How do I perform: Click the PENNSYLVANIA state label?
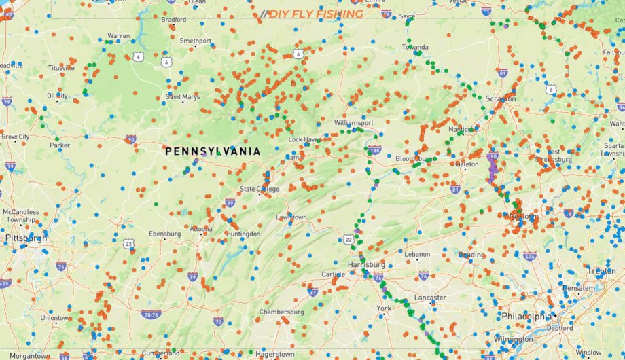213,151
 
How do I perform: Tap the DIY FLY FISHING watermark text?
315,14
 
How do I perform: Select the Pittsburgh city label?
26,238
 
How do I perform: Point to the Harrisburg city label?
365,264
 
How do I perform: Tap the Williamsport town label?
353,123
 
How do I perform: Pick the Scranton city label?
501,98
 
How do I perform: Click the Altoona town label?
200,229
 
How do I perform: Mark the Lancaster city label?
430,298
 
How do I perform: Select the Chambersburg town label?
281,312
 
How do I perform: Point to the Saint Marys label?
183,97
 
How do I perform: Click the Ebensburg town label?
165,234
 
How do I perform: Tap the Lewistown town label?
291,217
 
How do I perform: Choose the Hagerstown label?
274,354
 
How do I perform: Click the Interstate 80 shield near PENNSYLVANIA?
130,139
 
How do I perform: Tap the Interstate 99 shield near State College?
230,202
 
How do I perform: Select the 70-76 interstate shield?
151,314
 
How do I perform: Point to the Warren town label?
118,35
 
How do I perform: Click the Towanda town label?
415,47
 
